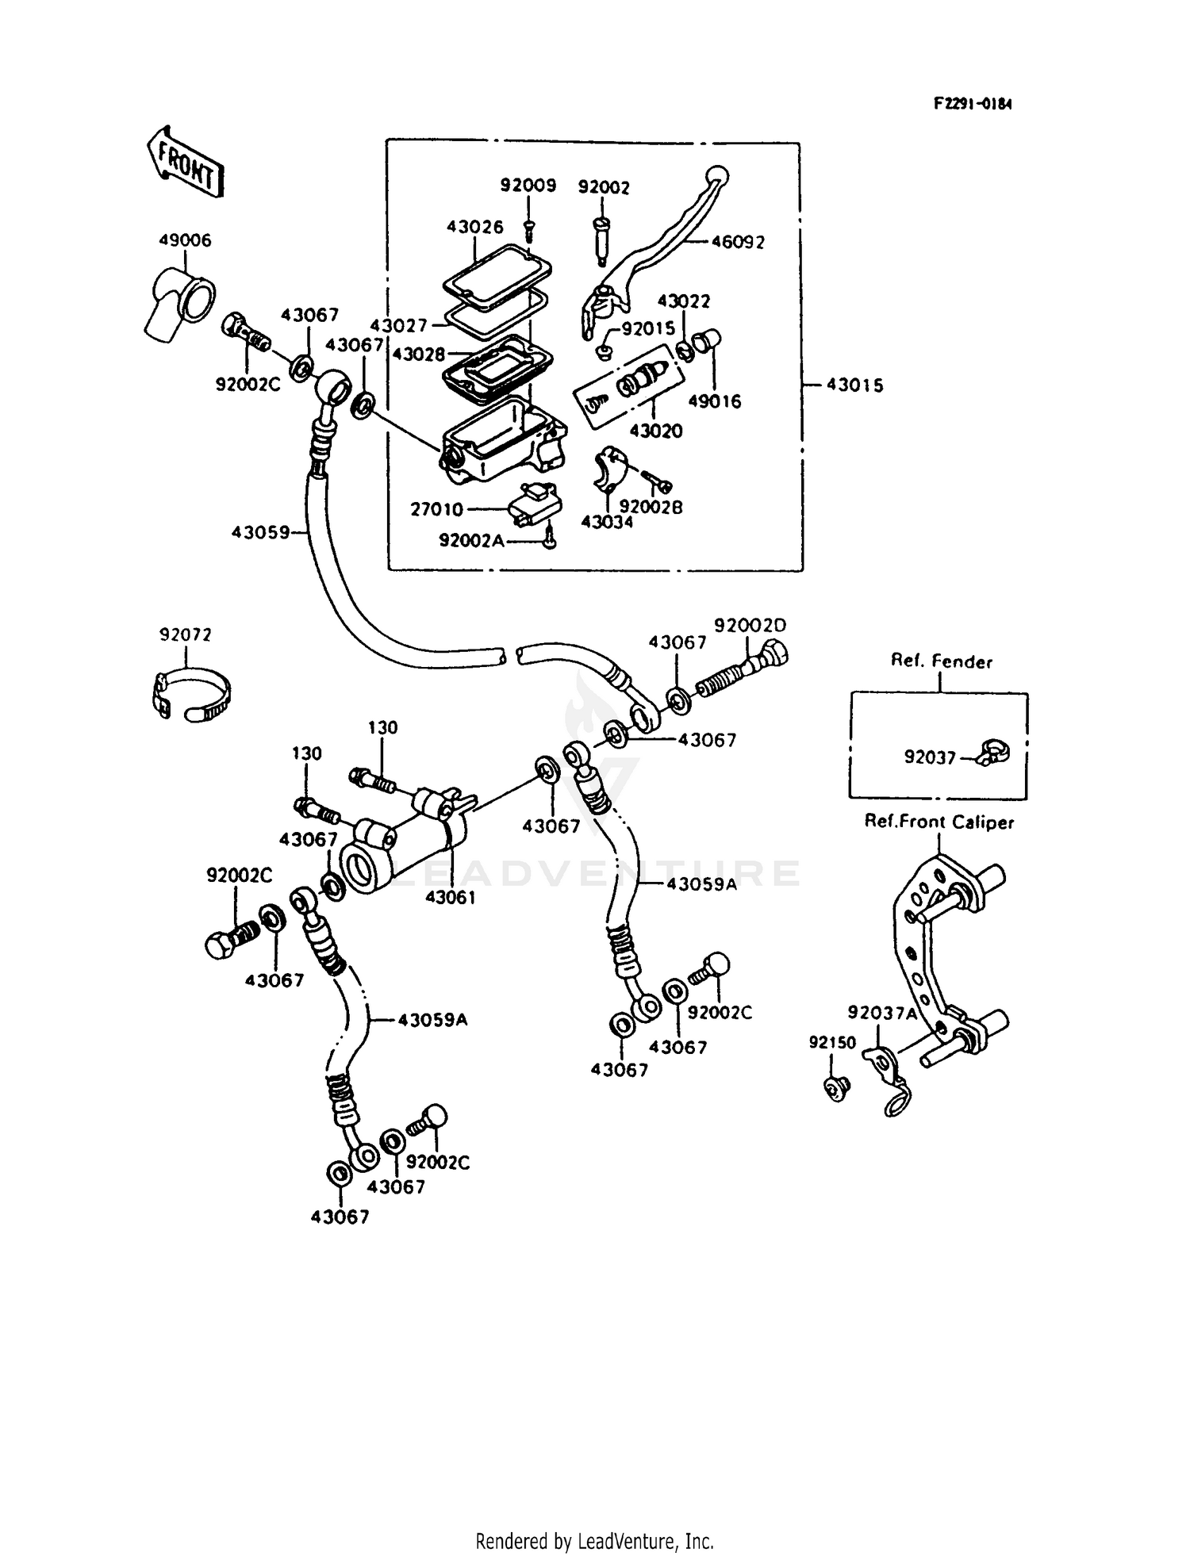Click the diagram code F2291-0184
point(972,104)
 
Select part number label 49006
point(185,240)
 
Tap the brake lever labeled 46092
point(658,238)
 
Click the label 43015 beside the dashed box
point(854,385)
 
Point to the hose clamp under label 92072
point(190,694)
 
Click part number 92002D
point(750,625)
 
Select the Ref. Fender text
point(941,661)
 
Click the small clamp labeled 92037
point(992,751)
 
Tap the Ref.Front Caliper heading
point(939,822)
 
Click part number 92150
point(832,1042)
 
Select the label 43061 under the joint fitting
point(451,897)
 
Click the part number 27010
point(436,509)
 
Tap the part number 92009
point(528,186)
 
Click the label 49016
point(714,401)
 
